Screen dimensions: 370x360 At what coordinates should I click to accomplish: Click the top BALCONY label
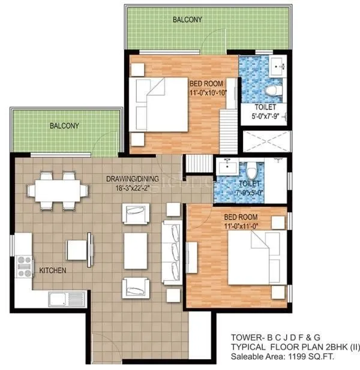(x=187, y=20)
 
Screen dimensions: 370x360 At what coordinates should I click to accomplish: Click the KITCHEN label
(x=53, y=271)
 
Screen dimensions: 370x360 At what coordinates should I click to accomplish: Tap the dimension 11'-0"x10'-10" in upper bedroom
(x=206, y=92)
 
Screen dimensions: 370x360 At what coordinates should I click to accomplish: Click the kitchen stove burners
(x=25, y=262)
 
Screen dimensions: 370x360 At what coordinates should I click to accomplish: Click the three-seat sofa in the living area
(x=172, y=247)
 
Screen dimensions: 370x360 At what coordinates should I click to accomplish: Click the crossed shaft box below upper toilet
(x=266, y=140)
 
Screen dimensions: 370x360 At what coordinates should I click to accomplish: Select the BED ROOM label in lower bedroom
(x=241, y=217)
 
